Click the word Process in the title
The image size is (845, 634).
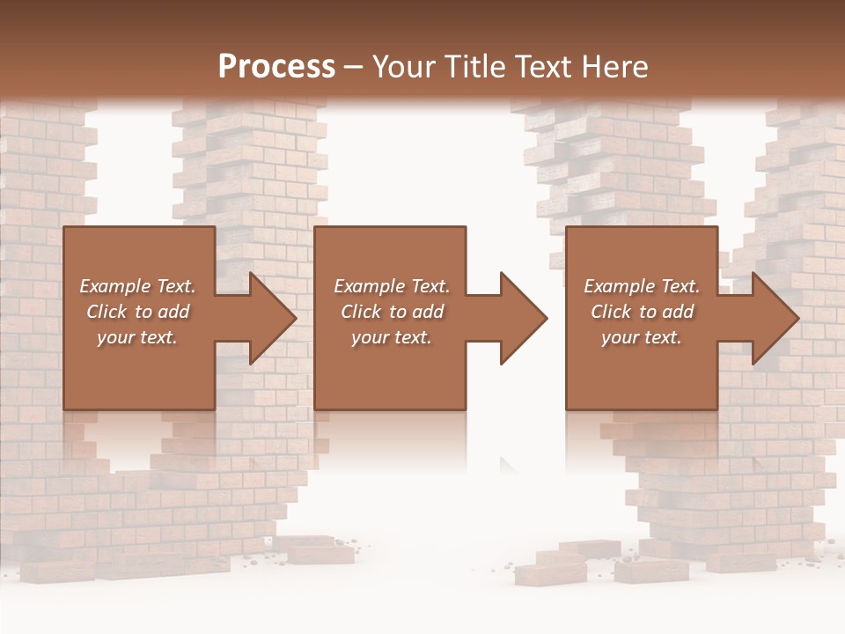276,67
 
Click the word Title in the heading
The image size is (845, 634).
471,67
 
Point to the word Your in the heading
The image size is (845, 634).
406,67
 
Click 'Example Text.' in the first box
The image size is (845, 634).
137,286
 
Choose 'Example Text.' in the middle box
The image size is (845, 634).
392,286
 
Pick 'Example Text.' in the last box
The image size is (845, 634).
642,286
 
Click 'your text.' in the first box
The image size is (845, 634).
137,337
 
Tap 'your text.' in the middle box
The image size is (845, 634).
392,337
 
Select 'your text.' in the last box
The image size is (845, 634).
642,337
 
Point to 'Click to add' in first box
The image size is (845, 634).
137,312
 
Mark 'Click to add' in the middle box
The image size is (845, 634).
392,312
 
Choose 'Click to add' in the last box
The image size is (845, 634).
642,312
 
